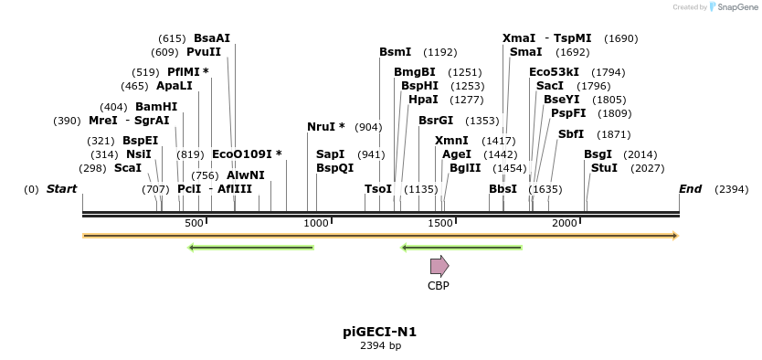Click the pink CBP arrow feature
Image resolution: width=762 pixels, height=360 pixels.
[x=439, y=266]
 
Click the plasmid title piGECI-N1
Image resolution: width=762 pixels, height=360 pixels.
[x=380, y=333]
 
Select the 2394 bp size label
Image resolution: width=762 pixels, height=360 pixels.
[x=380, y=346]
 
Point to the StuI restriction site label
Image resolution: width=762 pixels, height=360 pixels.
[x=604, y=168]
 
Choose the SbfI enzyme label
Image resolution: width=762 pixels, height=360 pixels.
[x=571, y=134]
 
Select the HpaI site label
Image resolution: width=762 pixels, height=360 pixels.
[x=423, y=100]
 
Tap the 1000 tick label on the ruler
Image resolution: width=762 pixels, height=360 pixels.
[x=316, y=224]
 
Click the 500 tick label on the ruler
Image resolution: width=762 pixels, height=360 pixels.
[x=194, y=224]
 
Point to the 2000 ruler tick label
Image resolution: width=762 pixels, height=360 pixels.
[x=565, y=224]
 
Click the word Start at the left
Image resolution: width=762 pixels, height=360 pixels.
[x=61, y=189]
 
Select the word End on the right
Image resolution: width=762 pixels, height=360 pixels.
[x=690, y=189]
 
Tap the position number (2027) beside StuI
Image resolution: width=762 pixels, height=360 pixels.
[x=648, y=168]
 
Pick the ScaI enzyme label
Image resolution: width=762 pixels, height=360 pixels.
[x=128, y=168]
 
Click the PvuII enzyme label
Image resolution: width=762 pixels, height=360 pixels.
[x=204, y=52]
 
